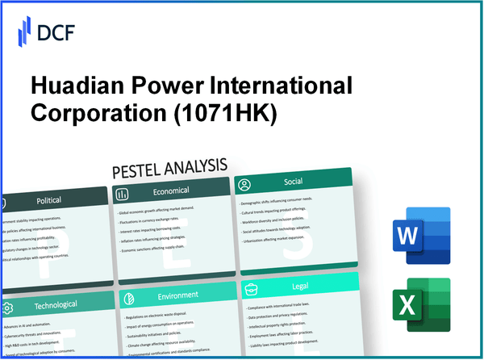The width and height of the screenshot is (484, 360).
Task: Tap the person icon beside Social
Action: (244, 185)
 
